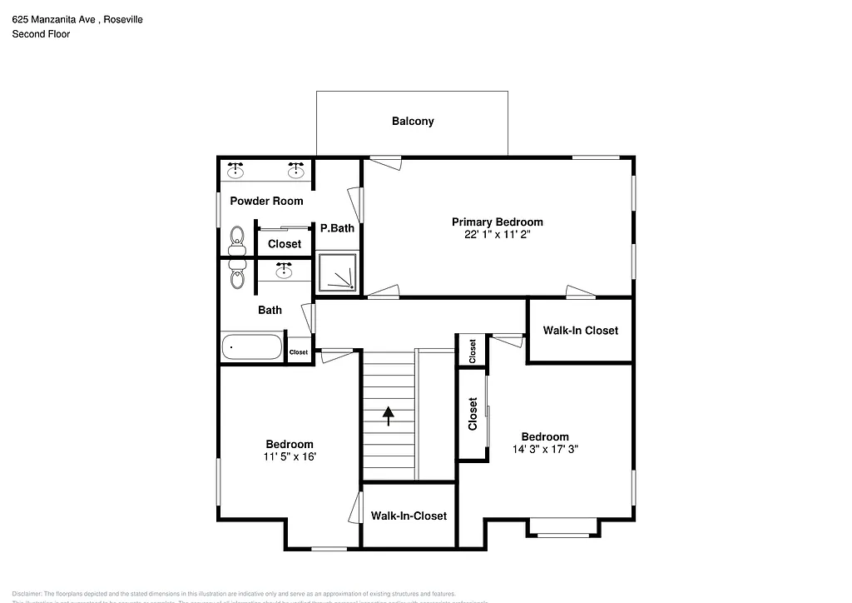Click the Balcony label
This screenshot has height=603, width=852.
tap(413, 122)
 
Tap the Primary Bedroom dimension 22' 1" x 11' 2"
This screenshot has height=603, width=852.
tap(497, 235)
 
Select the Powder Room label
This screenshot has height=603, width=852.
tap(266, 202)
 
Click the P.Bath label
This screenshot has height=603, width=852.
tap(338, 228)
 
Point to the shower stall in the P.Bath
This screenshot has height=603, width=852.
tap(338, 273)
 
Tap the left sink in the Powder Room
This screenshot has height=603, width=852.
tap(236, 170)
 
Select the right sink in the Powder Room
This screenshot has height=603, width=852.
tap(296, 170)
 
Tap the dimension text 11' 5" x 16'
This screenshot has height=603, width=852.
tap(290, 456)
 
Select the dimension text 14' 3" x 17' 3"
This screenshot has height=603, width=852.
tap(545, 449)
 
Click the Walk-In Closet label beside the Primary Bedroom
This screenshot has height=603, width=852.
tap(581, 331)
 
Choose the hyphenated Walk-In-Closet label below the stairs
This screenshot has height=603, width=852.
tap(409, 516)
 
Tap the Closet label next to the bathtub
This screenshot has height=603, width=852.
tap(298, 353)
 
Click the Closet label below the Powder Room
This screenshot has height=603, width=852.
tap(285, 244)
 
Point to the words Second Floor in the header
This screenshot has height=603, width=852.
tap(41, 34)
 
